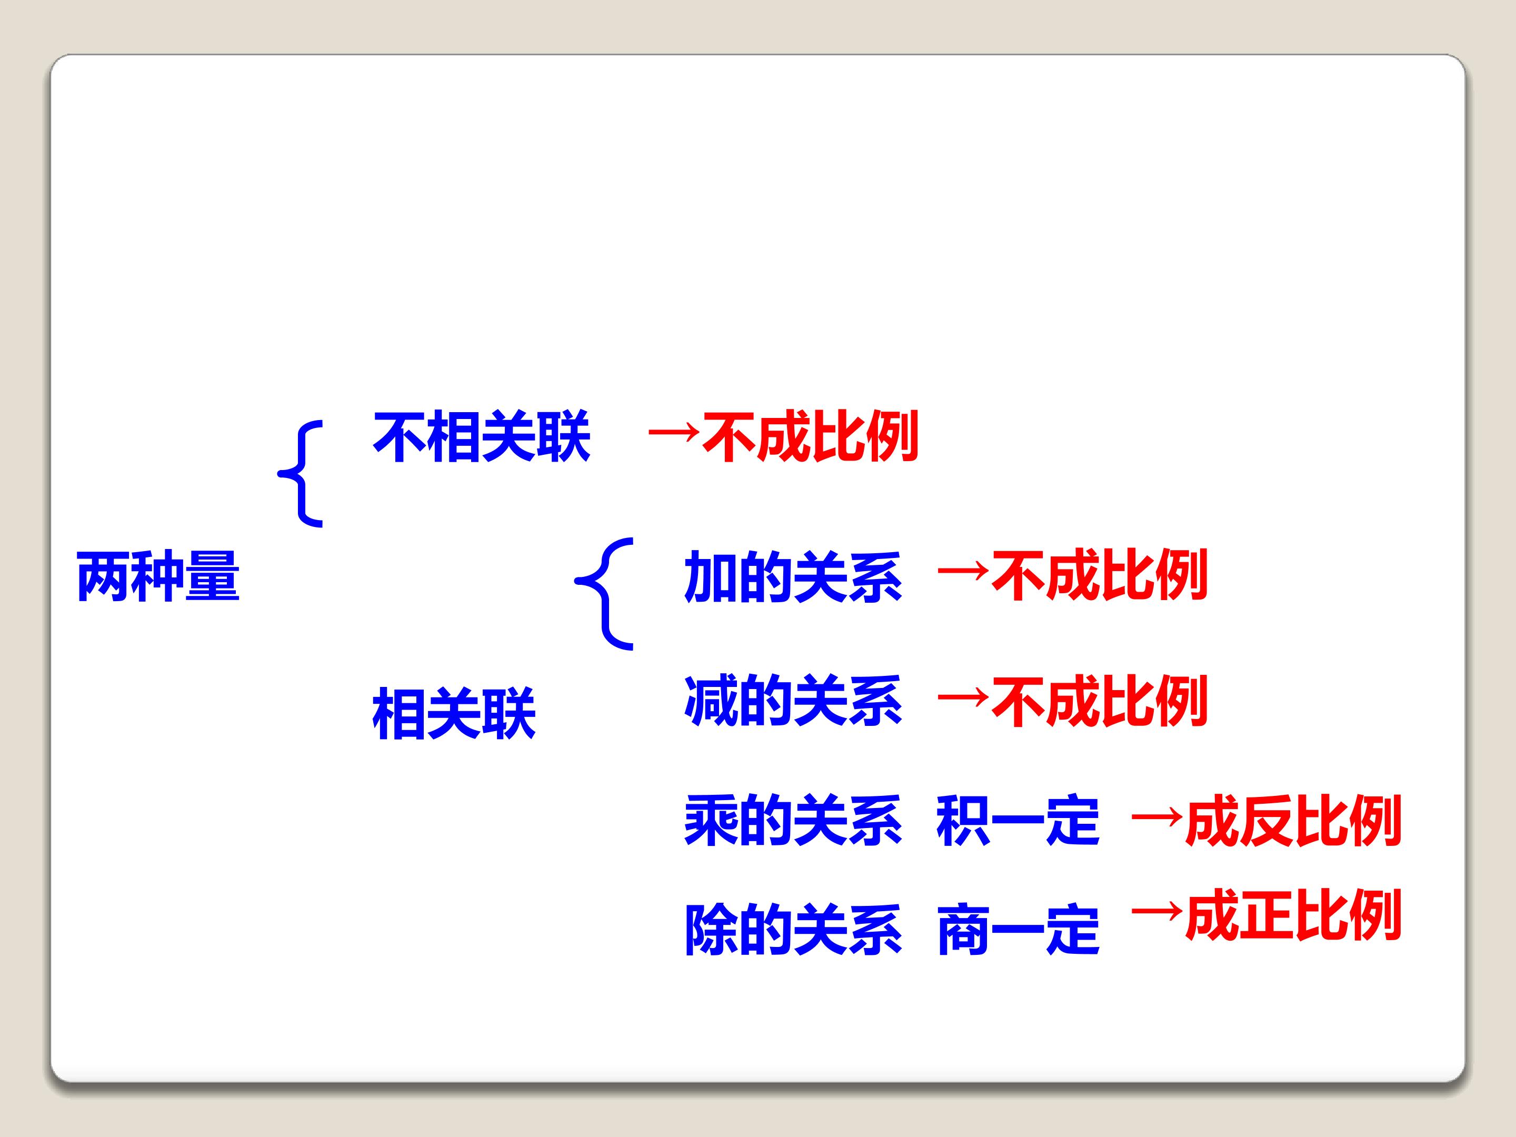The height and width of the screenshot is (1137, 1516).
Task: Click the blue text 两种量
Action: tap(158, 576)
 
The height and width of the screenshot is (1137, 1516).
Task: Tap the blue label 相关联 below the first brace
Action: tap(454, 714)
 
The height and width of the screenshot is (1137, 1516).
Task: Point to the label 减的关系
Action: tap(793, 701)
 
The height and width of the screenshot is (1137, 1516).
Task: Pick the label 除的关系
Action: tap(793, 930)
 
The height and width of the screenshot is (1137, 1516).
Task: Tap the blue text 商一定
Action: tap(1018, 930)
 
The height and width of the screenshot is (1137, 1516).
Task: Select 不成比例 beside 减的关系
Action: tap(1099, 701)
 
